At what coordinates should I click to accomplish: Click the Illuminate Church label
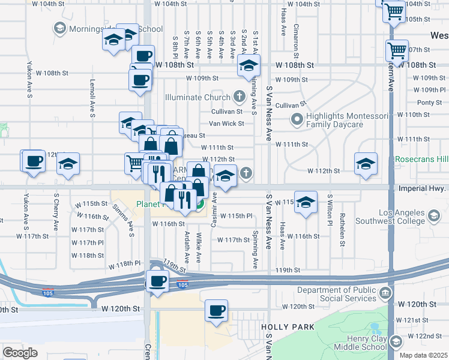[199, 97]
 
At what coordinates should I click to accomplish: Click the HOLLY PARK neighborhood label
[284, 326]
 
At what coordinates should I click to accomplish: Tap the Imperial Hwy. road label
[422, 188]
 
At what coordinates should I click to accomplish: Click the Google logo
[20, 353]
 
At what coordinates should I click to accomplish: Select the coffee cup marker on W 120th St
[216, 310]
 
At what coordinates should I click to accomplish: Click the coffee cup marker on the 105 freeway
[158, 281]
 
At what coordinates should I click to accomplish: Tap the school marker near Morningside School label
[113, 40]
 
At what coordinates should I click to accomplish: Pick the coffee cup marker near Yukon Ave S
[34, 161]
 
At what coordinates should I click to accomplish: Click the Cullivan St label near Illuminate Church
[226, 112]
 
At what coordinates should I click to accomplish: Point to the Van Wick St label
[226, 124]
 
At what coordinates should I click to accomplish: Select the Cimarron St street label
[297, 38]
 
